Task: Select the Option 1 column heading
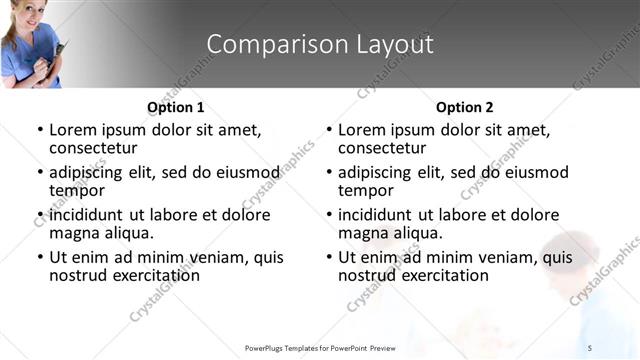point(175,107)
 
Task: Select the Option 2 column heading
point(465,107)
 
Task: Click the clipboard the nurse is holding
point(61,50)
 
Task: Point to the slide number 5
point(590,347)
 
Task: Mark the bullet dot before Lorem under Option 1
point(39,131)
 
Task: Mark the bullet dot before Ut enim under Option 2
point(328,257)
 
